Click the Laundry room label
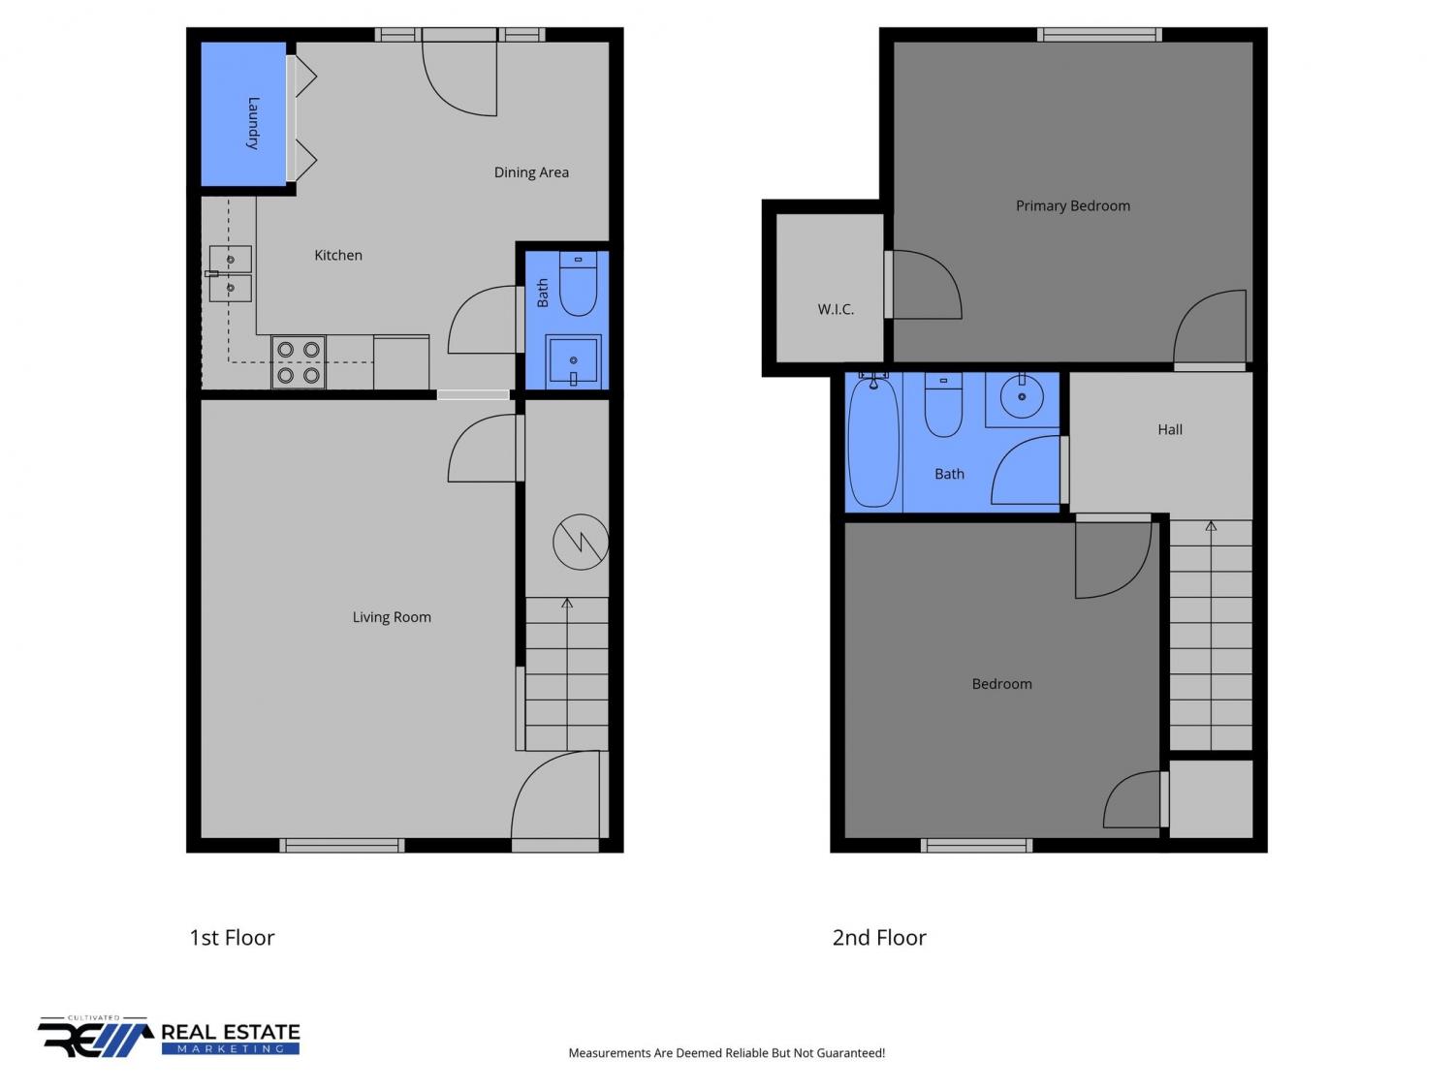252,123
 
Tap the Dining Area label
531,172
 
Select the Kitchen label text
338,256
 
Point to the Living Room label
392,617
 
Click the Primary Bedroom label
1072,205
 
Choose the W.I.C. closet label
836,309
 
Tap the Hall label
1170,429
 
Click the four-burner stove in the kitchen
299,362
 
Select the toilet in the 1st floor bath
579,283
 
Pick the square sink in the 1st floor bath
574,362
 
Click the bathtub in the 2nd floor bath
873,442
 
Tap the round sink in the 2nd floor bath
1022,396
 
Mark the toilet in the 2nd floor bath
943,405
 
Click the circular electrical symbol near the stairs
581,542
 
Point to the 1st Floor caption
232,938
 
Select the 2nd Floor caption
879,938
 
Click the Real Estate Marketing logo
169,1037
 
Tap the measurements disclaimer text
727,1053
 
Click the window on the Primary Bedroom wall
1099,35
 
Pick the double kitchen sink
230,274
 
